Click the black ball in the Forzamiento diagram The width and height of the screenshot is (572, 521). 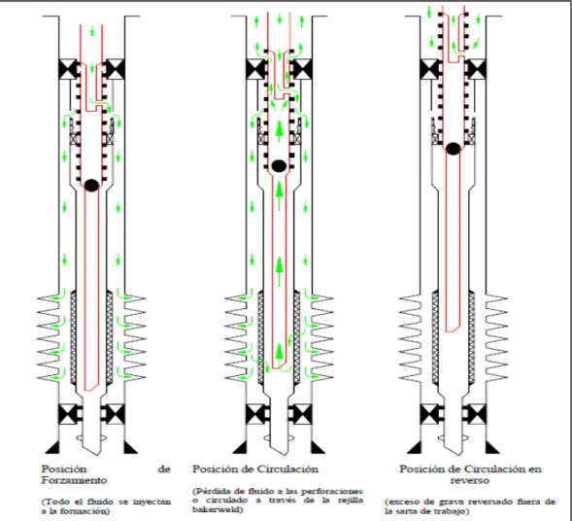click(91, 185)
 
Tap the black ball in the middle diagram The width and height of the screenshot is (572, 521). click(279, 166)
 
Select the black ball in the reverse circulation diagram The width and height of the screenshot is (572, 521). click(454, 149)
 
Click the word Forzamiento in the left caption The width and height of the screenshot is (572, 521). click(74, 480)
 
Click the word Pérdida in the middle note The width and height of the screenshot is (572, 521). click(213, 491)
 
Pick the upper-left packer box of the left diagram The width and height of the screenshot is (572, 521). click(68, 69)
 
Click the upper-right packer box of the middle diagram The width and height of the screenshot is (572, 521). click(302, 69)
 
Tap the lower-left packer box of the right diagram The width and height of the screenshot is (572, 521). click(429, 414)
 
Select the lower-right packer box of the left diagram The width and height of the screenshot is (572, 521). click(115, 414)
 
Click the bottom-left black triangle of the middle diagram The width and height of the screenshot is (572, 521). click(240, 448)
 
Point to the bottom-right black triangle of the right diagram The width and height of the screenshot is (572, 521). click(491, 448)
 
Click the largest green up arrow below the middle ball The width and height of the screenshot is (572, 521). click(279, 271)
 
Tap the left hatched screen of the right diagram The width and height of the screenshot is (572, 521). click(436, 337)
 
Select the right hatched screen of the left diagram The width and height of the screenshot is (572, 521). click(110, 337)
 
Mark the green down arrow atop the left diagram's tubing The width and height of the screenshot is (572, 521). click(92, 31)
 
